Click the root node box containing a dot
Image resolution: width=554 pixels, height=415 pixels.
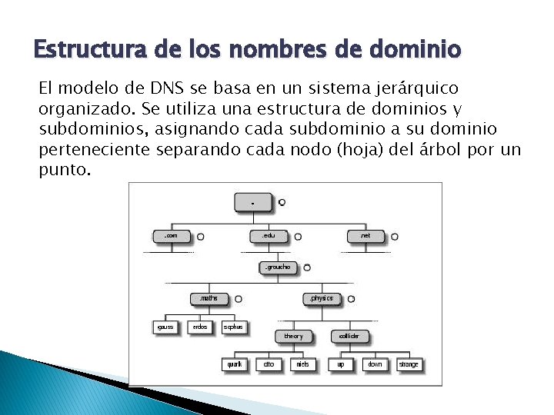tap(253, 203)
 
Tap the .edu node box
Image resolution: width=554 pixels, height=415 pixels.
tap(269, 236)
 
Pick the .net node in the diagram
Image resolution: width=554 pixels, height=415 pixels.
tap(365, 236)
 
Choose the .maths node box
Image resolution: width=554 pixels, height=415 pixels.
tap(209, 298)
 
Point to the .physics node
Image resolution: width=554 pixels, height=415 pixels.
tap(322, 298)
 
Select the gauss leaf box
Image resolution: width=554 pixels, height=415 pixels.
tap(166, 327)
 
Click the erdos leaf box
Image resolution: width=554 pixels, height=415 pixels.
tap(200, 327)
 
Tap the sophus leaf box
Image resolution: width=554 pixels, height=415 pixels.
tap(233, 327)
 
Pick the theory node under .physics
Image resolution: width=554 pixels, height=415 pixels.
tap(293, 336)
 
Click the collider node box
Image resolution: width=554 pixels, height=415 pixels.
tap(349, 336)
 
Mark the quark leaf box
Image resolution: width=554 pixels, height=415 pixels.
tap(235, 364)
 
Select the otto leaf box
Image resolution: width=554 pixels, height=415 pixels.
tap(269, 364)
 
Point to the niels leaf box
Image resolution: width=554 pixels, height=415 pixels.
tap(302, 364)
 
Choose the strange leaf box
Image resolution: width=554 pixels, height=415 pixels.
tap(409, 364)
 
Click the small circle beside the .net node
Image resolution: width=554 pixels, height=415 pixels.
tap(394, 237)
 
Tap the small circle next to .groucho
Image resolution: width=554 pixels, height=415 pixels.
tap(306, 267)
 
